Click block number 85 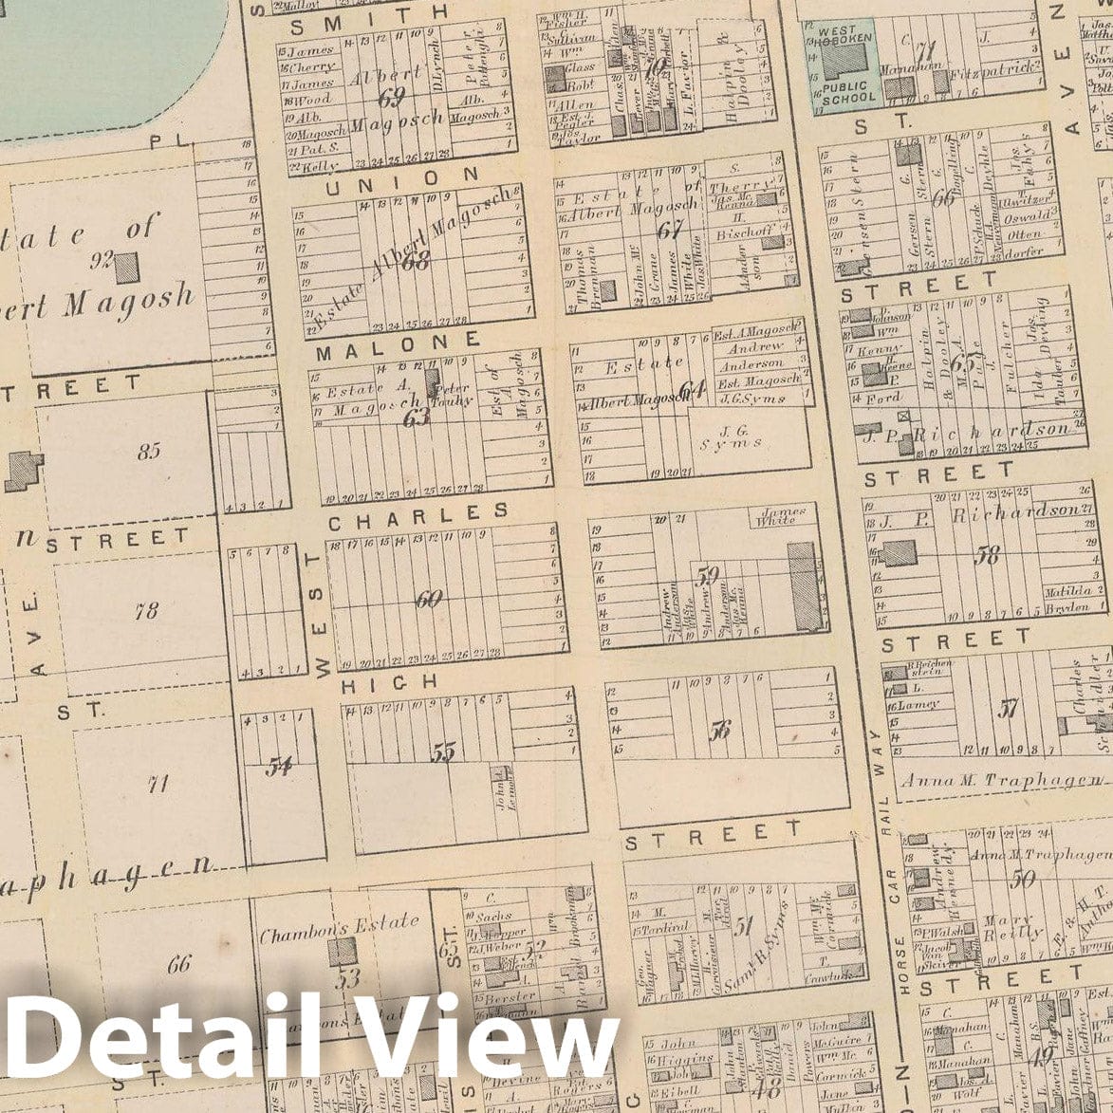pos(149,452)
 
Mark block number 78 pos(146,611)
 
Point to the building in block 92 pos(126,269)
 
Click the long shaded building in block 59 pos(806,585)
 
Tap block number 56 pos(720,731)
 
